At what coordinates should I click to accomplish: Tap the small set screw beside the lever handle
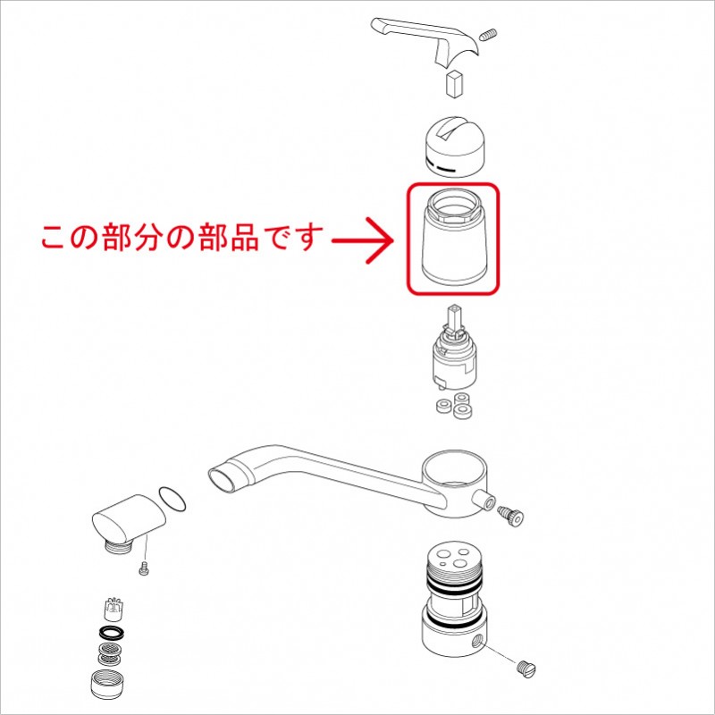pos(489,35)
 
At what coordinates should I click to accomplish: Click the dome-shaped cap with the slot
pos(454,147)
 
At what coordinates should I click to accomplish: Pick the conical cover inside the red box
pos(453,237)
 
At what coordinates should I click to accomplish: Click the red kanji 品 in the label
pos(244,238)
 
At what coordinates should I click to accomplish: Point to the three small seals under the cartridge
pos(455,405)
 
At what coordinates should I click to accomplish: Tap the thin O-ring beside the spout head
pos(172,499)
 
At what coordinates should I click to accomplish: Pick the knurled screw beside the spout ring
pos(510,516)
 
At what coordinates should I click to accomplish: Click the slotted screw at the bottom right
pos(526,669)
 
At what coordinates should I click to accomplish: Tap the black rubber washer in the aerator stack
pos(112,633)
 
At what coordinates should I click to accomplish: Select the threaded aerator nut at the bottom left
pos(107,685)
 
